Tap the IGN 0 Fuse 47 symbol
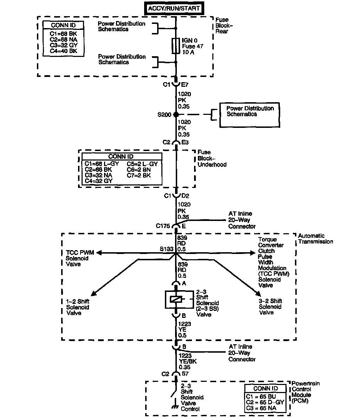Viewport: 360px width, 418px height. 176,46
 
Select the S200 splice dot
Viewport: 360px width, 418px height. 176,115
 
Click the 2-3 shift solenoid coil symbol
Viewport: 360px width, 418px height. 176,299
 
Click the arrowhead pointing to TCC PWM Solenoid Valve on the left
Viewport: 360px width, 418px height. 99,252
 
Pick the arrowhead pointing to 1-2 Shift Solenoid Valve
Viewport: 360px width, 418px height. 93,294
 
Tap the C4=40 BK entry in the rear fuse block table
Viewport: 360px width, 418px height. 63,51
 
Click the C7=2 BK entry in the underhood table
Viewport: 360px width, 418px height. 139,175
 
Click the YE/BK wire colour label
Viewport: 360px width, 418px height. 185,361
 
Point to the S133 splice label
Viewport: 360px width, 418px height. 166,249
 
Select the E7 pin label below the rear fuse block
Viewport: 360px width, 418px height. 185,85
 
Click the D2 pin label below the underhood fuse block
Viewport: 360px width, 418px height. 185,196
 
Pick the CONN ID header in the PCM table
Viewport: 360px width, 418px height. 265,388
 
